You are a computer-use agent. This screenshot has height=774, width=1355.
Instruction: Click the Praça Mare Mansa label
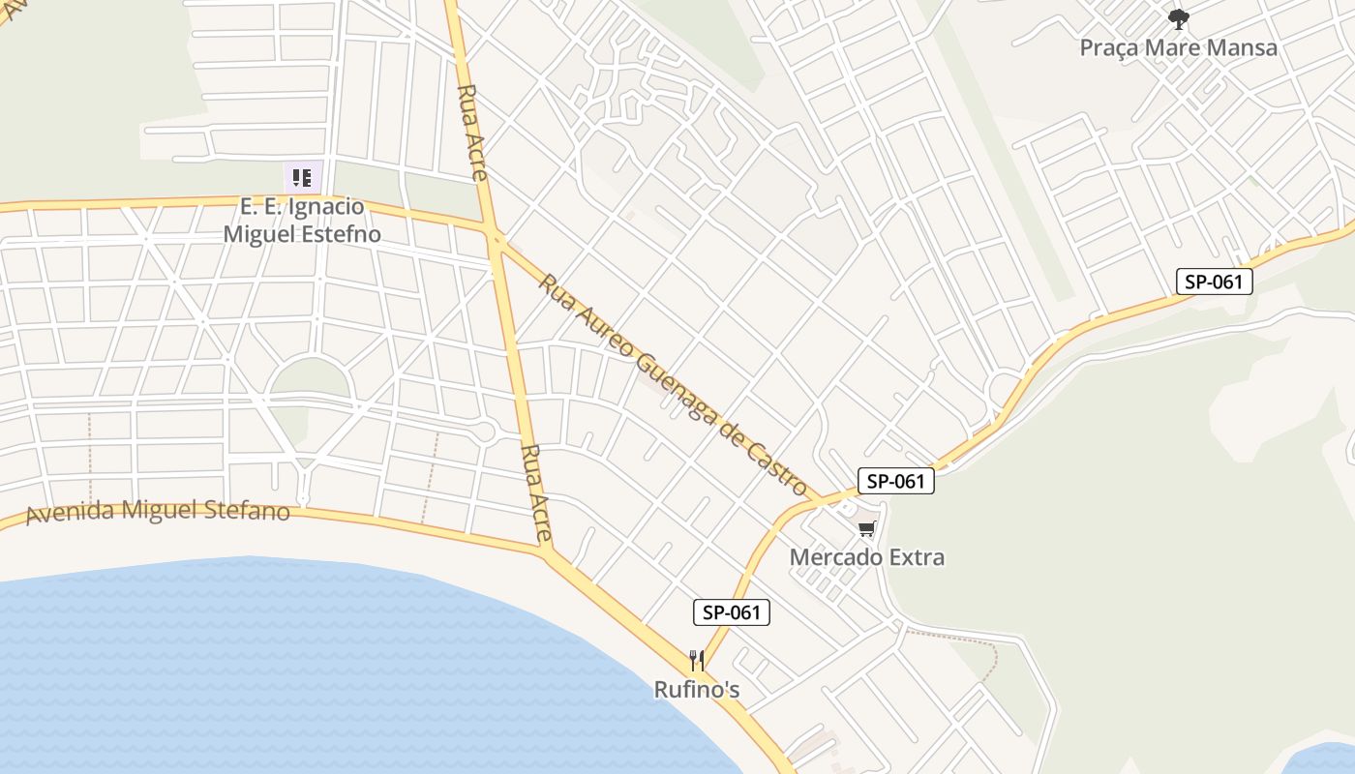(x=1178, y=47)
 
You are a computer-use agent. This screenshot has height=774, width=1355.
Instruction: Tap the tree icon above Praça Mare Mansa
(x=1178, y=18)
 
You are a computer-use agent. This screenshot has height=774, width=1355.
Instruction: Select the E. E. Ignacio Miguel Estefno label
(x=302, y=221)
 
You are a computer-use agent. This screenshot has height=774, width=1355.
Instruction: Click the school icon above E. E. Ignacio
(x=302, y=178)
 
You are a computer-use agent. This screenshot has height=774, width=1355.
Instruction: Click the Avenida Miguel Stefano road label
(x=158, y=511)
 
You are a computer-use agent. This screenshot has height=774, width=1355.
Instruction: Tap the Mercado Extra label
(x=866, y=557)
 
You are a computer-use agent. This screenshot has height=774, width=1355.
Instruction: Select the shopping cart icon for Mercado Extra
(x=866, y=529)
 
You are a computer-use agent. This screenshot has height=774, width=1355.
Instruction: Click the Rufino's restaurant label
(x=697, y=690)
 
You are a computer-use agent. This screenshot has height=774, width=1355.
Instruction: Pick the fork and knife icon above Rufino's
(x=697, y=662)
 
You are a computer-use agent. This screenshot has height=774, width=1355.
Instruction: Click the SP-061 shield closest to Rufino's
(x=732, y=612)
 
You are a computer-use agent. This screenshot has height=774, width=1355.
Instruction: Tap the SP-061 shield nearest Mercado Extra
(x=895, y=481)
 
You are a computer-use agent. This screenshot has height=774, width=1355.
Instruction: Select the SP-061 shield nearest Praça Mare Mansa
(x=1215, y=282)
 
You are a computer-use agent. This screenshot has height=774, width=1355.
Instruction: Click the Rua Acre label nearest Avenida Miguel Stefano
(x=535, y=492)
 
